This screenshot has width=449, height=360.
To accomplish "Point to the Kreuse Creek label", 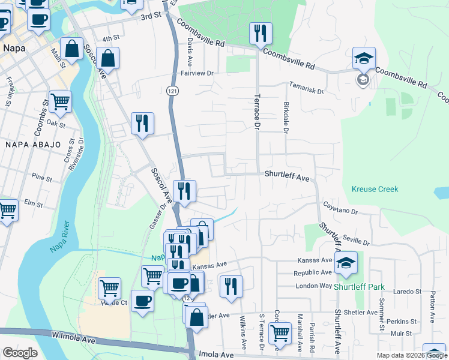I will tap(375, 189).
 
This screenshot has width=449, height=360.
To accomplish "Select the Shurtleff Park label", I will tap(360, 287).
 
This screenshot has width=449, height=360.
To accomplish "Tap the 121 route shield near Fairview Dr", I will tap(172, 90).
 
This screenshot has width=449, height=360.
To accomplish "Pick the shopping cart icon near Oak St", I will tap(60, 101).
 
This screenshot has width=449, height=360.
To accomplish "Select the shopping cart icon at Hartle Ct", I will tap(109, 287).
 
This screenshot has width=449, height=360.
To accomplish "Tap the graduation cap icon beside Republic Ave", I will tap(346, 262).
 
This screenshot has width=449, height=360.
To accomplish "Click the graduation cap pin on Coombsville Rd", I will tap(364, 58).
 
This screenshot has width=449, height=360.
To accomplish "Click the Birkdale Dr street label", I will tap(286, 118).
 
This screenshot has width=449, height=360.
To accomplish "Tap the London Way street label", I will tap(314, 286).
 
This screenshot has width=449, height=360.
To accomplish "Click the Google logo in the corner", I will tap(20, 352).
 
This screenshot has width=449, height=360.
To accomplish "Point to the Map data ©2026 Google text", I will tap(411, 355).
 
